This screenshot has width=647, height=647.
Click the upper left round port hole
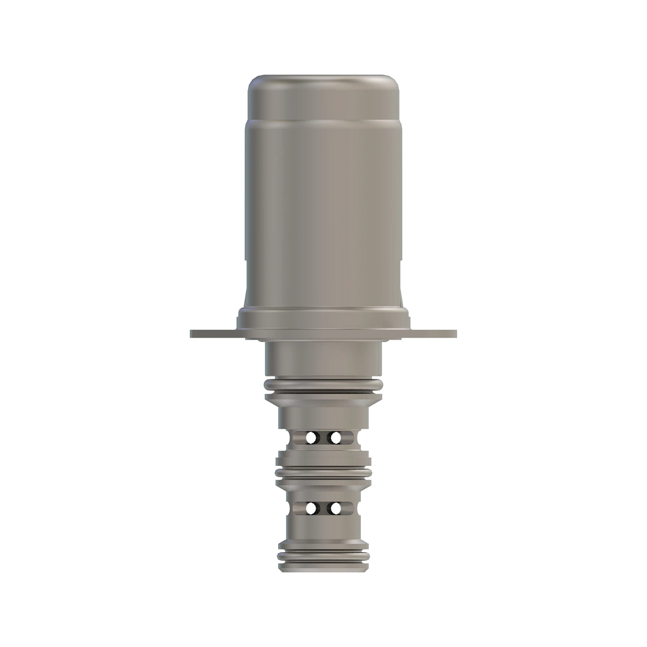[x=311, y=437]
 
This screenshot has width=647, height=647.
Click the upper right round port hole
[x=335, y=437]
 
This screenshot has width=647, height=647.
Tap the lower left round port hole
[x=311, y=507]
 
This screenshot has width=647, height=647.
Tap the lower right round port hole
[x=335, y=507]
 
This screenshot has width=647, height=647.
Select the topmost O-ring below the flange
[x=323, y=384]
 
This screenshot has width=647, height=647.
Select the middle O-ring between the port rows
[x=323, y=472]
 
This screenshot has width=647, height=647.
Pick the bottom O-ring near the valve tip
[x=323, y=556]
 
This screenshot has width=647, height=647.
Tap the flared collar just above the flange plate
[x=323, y=318]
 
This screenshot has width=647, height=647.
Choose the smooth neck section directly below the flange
[x=323, y=359]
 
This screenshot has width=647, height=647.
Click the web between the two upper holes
[x=323, y=437]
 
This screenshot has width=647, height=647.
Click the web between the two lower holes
[x=323, y=507]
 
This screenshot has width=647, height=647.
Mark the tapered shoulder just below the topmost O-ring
[x=323, y=401]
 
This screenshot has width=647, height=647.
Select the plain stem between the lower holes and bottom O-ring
[x=323, y=534]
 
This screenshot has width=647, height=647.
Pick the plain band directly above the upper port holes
[x=323, y=416]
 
